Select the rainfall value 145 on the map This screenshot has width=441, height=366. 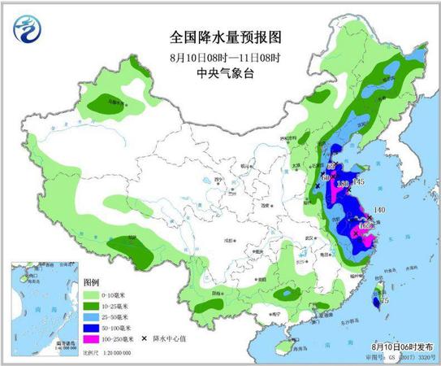[x=357, y=181]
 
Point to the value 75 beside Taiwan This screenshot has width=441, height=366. [x=385, y=300]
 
